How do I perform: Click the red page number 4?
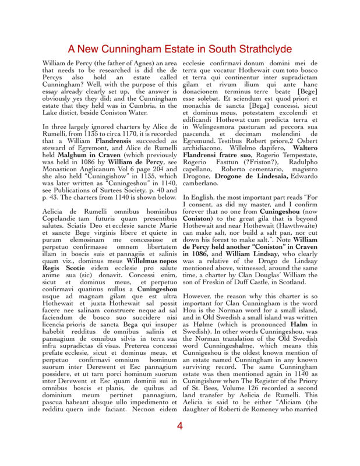179,443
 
